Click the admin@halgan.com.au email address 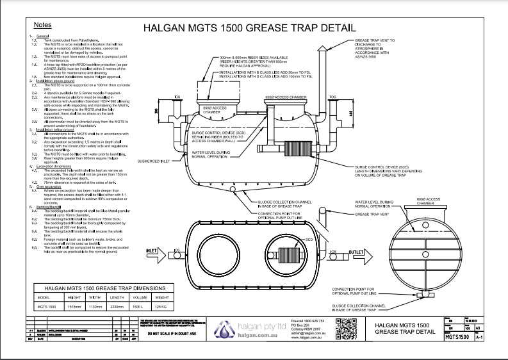[x=308, y=333]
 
